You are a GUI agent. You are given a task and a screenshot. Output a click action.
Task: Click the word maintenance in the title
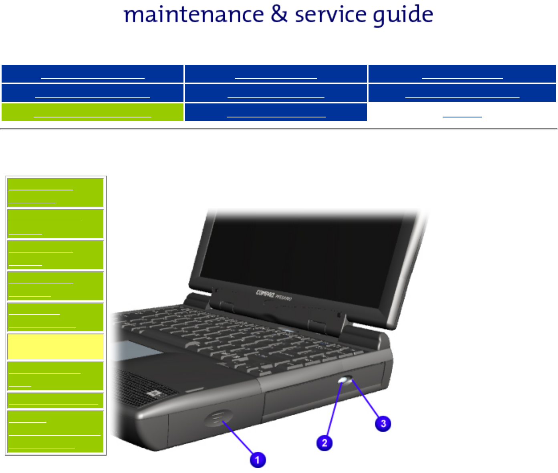click(x=194, y=15)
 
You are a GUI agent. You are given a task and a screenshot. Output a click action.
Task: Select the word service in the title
click(x=330, y=15)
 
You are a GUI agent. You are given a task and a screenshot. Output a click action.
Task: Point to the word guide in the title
click(x=403, y=16)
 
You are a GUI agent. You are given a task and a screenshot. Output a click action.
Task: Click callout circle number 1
click(x=258, y=460)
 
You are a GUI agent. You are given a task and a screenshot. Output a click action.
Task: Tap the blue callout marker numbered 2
click(x=324, y=443)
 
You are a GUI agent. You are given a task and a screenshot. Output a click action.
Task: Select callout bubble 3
click(x=383, y=424)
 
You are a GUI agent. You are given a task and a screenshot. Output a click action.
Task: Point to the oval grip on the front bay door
click(x=219, y=418)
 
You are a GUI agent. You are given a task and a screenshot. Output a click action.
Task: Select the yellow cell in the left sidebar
click(x=56, y=347)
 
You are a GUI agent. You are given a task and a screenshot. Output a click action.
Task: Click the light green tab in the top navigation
click(x=93, y=112)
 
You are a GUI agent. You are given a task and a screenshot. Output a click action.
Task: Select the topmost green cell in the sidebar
click(x=56, y=193)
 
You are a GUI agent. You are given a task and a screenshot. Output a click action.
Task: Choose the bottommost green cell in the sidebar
click(x=56, y=432)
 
